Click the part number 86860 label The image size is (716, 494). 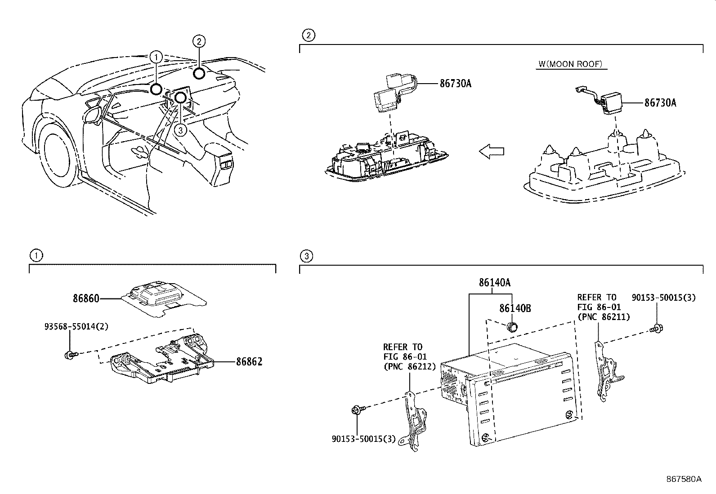[86, 298]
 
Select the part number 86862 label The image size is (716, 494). [249, 362]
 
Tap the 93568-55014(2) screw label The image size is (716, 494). [76, 326]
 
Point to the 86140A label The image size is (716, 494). [494, 282]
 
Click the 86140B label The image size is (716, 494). [515, 308]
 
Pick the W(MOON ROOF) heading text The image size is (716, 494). [571, 64]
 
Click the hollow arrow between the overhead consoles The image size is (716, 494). [492, 151]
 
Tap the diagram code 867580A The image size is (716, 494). [684, 479]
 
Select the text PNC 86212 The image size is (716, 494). [412, 366]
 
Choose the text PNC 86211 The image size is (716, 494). [606, 317]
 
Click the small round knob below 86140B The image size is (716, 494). [512, 328]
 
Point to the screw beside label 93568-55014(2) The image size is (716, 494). [71, 355]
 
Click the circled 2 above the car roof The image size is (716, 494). [199, 41]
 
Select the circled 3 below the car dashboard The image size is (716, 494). [181, 130]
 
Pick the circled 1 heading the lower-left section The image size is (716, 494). [36, 256]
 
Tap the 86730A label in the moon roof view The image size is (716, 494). [660, 102]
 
